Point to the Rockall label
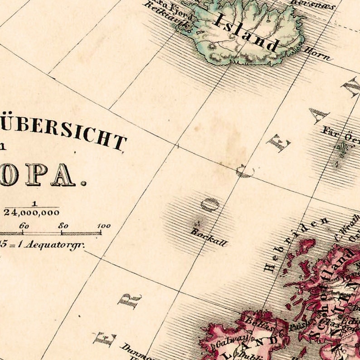coord(208,237)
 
